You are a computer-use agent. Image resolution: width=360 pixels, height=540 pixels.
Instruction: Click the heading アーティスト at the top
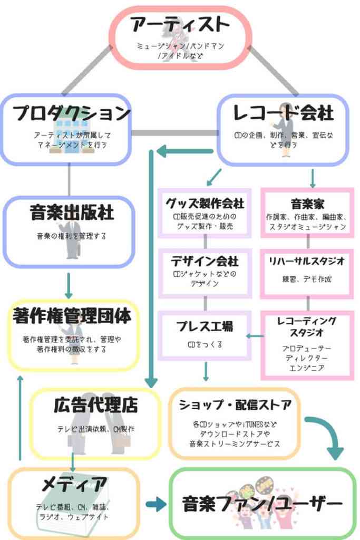point(180,25)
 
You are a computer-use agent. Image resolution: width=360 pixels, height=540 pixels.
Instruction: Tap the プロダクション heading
point(72,113)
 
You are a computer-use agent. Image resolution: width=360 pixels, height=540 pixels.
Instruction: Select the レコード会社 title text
point(283,113)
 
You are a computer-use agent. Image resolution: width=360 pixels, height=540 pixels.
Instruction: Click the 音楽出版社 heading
point(72,212)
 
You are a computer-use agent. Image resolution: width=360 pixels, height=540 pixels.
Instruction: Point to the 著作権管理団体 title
point(72,316)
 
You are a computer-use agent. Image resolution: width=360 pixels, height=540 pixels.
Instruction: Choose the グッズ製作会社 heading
point(205,204)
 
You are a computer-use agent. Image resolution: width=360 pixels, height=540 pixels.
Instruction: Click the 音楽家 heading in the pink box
point(307,204)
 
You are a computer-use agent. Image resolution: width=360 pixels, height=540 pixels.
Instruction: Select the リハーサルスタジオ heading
point(307,261)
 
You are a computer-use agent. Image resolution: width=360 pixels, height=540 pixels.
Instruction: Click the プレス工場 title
point(205,326)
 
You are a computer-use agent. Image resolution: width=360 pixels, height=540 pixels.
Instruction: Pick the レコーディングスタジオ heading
point(307,327)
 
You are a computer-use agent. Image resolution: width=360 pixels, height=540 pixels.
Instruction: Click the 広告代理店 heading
point(96,405)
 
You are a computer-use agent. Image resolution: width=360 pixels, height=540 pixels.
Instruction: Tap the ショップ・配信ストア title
point(235,405)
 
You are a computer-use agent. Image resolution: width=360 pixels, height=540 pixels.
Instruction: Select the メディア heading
point(74,484)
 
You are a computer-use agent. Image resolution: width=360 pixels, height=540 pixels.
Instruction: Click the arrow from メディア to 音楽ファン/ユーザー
point(156,505)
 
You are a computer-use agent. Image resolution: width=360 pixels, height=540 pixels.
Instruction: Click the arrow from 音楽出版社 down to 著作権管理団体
point(69,286)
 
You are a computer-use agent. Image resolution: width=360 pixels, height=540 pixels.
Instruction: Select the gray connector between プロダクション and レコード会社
point(175,133)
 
